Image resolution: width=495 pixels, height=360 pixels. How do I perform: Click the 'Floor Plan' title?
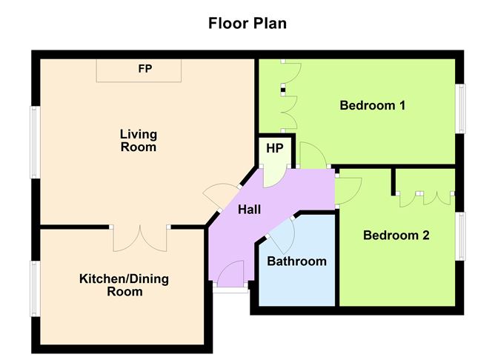(x=247, y=24)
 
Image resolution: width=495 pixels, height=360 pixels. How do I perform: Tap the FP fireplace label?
(x=145, y=68)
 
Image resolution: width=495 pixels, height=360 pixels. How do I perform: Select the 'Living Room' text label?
(x=139, y=141)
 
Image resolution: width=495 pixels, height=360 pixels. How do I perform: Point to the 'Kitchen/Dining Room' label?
(x=124, y=285)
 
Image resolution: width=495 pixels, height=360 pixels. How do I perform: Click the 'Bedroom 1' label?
(x=373, y=105)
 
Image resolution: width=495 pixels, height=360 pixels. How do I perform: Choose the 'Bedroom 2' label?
(x=396, y=235)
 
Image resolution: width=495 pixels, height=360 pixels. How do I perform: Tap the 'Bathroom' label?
(x=296, y=261)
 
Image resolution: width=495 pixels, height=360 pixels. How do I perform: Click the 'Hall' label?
(x=250, y=210)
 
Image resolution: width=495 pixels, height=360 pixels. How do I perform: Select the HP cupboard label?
(x=275, y=148)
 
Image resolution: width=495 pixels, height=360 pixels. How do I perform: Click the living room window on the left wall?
(x=35, y=142)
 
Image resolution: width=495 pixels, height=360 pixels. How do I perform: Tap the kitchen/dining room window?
(x=35, y=288)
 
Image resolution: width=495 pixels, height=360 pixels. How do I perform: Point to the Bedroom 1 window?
(x=461, y=109)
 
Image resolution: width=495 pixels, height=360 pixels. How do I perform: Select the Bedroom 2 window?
(x=461, y=236)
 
